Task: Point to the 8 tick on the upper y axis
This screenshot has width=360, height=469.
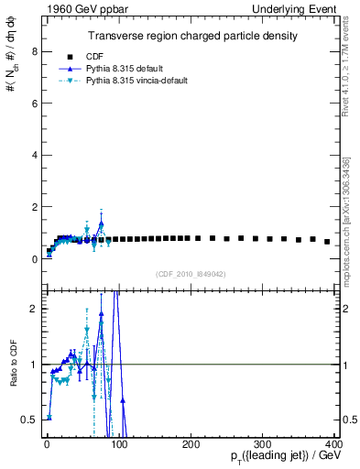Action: click(34, 51)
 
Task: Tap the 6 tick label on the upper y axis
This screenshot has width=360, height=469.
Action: click(34, 104)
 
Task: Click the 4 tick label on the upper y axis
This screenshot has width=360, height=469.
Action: click(34, 156)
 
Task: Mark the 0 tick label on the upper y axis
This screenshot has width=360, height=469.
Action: click(34, 259)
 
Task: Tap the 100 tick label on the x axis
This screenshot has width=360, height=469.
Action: click(118, 444)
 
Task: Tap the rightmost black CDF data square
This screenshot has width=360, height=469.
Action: click(327, 242)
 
